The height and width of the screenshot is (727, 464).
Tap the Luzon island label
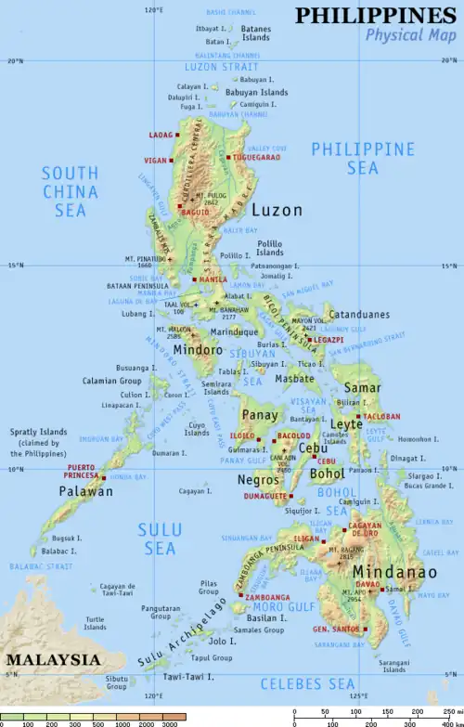[x=277, y=211]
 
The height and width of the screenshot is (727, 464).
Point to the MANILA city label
[x=213, y=279]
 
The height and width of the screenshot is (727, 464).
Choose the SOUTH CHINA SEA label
[x=70, y=191]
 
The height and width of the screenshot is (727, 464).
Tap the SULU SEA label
[x=160, y=539]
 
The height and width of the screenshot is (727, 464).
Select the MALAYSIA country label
[x=53, y=659]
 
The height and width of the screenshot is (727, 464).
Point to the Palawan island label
[x=86, y=491]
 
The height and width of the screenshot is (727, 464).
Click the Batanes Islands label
[x=256, y=33]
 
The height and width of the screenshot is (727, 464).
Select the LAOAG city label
[x=161, y=135]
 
